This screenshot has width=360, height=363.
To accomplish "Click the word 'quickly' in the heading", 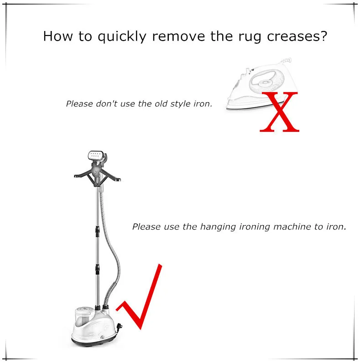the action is point(122,36).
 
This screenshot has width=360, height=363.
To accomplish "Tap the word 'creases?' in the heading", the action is point(297,36).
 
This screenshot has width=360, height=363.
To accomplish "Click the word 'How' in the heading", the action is point(58,36).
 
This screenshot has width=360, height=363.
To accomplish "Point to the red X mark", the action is point(280,112).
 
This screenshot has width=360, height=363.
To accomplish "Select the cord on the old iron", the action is point(286,61).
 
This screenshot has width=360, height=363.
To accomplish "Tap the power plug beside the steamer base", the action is point(120,327).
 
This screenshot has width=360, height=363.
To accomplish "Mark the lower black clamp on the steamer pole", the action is point(98,269).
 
